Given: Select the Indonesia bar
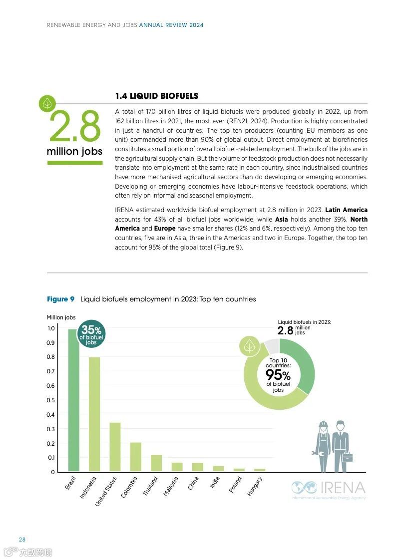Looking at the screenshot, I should click(x=94, y=414).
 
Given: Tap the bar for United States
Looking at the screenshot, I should click(x=115, y=447).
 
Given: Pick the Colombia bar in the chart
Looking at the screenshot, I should click(x=136, y=457).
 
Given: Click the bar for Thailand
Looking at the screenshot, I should click(x=156, y=463).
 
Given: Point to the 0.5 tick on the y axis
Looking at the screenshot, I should click(x=50, y=400).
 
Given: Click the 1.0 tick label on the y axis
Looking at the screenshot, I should click(x=50, y=328).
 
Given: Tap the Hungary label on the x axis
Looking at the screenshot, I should click(x=255, y=486).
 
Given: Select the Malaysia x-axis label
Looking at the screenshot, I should click(x=171, y=486).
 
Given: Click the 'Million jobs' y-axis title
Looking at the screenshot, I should click(x=61, y=317).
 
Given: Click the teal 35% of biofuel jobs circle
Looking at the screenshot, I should click(x=91, y=333).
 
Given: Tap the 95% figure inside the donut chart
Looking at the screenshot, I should click(x=278, y=375).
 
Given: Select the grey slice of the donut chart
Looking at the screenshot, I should click(x=271, y=345).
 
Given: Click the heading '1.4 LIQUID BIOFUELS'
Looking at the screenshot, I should click(x=156, y=96).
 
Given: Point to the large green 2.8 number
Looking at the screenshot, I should click(x=74, y=126).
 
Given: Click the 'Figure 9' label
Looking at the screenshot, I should click(x=60, y=299).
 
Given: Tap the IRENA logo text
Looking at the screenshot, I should click(x=343, y=488).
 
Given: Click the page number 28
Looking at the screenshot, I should click(x=22, y=540).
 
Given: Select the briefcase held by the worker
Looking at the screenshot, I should click(x=348, y=457).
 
